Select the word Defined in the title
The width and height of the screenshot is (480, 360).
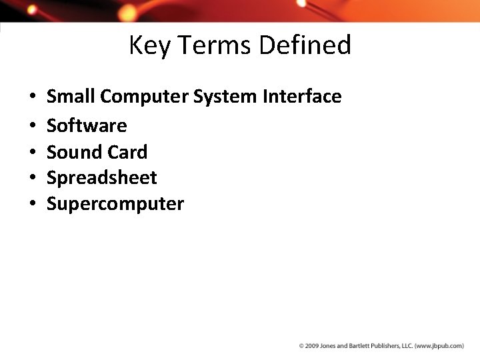(x=305, y=45)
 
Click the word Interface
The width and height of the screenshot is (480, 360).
(x=302, y=97)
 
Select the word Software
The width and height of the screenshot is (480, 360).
(x=87, y=125)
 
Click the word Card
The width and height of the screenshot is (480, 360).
(x=127, y=152)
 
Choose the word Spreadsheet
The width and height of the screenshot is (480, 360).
(x=102, y=178)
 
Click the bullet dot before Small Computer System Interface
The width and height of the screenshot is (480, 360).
(x=32, y=98)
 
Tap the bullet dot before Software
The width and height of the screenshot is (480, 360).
(x=32, y=126)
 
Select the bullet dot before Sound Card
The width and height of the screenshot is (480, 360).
(x=32, y=153)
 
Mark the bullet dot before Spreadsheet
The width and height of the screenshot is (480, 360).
(x=32, y=179)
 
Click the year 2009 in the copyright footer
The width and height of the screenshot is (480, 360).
(x=311, y=346)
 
